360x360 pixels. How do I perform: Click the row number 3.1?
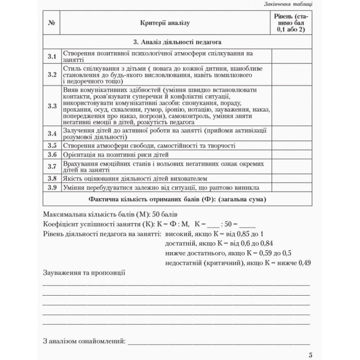(52, 56)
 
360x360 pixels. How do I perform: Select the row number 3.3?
(52, 106)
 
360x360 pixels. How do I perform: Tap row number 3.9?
(52, 187)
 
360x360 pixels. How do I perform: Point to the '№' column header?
(51, 22)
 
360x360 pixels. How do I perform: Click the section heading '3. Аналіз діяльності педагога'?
(177, 42)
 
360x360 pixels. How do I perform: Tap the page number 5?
(310, 354)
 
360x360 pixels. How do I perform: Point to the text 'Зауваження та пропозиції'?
(84, 273)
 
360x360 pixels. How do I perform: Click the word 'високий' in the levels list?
(178, 234)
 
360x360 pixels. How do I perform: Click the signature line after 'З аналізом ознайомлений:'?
(219, 341)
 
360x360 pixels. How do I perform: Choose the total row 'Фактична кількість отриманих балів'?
(177, 199)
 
